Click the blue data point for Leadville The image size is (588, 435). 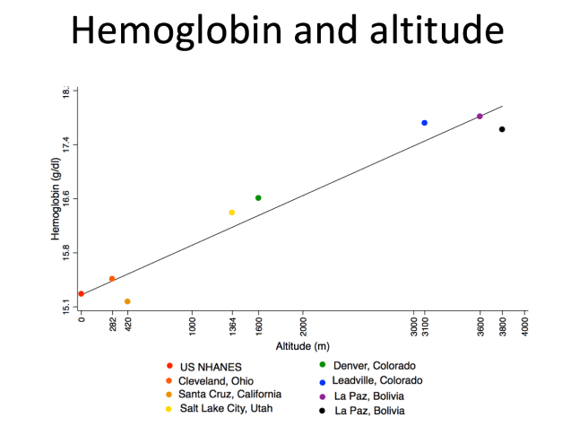click(424, 123)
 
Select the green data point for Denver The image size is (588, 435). click(258, 198)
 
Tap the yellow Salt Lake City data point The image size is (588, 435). click(231, 213)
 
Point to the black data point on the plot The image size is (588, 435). click(502, 129)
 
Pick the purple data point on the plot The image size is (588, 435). click(480, 117)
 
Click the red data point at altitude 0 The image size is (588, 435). click(82, 293)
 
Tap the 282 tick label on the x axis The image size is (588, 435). click(112, 325)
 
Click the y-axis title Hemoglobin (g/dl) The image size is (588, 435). click(55, 199)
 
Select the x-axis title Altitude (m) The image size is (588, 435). click(302, 346)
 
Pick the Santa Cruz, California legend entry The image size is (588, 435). click(230, 394)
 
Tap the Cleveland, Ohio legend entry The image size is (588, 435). click(216, 380)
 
